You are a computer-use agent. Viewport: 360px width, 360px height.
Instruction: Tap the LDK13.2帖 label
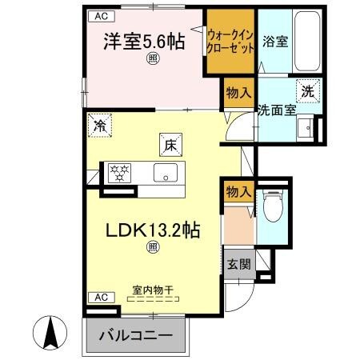pyautogui.click(x=152, y=230)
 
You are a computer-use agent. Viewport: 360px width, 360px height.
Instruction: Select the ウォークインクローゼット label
pyautogui.click(x=231, y=41)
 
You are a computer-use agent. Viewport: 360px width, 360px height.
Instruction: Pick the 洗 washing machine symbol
pyautogui.click(x=308, y=90)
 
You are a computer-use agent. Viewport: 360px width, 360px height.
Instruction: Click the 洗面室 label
pyautogui.click(x=276, y=110)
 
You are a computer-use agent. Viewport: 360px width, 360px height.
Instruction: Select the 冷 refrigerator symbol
pyautogui.click(x=100, y=125)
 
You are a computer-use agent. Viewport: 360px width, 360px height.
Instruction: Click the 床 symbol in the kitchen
pyautogui.click(x=170, y=145)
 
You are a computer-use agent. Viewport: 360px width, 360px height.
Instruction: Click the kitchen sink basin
pyautogui.click(x=166, y=171)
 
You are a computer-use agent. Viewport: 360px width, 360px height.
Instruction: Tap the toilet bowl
pyautogui.click(x=273, y=210)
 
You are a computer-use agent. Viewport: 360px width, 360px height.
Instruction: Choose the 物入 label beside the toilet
pyautogui.click(x=238, y=191)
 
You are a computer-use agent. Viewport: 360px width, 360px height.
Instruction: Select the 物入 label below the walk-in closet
pyautogui.click(x=238, y=94)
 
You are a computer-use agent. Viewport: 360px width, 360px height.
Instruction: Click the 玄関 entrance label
pyautogui.click(x=238, y=265)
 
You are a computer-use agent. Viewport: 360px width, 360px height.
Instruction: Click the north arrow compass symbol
pyautogui.click(x=53, y=332)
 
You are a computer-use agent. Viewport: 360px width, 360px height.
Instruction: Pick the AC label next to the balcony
pyautogui.click(x=100, y=297)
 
